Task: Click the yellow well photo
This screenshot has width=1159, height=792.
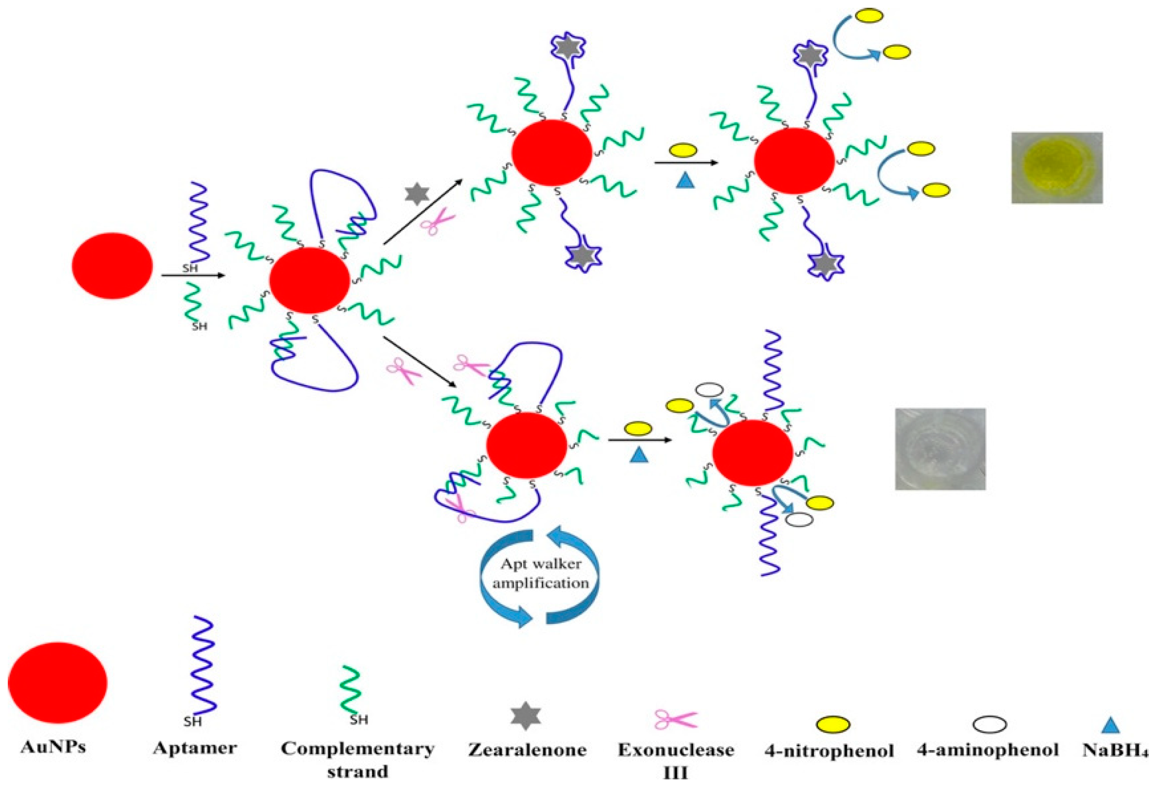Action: point(1056,167)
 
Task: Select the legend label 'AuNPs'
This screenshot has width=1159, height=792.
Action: point(54,748)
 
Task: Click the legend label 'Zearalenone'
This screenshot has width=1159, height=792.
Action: point(527,750)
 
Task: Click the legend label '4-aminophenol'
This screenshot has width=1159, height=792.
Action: point(988,750)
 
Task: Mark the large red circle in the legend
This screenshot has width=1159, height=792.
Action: point(57,683)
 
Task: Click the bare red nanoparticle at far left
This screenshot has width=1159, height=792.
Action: point(112,266)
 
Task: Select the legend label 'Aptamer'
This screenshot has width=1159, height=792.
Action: point(195,748)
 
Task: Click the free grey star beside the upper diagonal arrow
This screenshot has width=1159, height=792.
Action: point(417,195)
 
